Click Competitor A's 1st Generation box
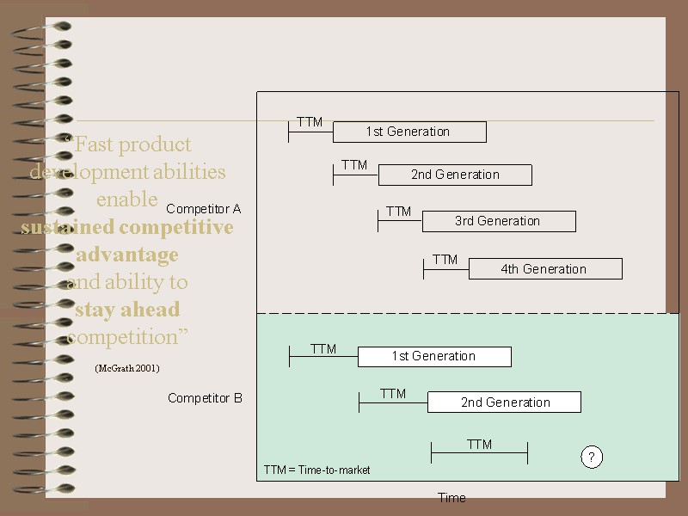click(408, 132)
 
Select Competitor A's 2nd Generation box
click(454, 175)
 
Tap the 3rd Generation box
click(498, 221)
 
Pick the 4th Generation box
click(544, 269)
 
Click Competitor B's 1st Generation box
click(433, 356)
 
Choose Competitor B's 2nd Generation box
click(504, 402)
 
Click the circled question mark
click(592, 458)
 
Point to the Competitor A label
click(204, 209)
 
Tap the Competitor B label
click(205, 398)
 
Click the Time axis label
click(451, 498)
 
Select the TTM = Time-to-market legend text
click(317, 470)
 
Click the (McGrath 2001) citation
click(127, 368)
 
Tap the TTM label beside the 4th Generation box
click(445, 260)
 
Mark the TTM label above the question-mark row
click(479, 445)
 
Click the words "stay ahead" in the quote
click(127, 310)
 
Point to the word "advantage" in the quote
click(127, 255)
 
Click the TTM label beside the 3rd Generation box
click(398, 212)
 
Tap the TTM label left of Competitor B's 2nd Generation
click(393, 394)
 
